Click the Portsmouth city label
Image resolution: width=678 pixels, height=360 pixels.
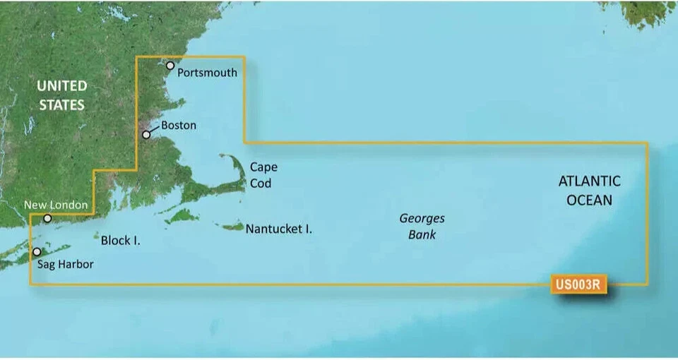click(207, 72)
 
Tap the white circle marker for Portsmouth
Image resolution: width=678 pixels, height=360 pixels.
click(169, 66)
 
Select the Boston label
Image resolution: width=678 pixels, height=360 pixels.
click(179, 126)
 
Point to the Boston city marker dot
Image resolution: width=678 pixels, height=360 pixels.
click(146, 134)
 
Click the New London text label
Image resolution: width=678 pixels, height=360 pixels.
click(56, 205)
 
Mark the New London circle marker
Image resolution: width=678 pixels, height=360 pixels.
click(47, 218)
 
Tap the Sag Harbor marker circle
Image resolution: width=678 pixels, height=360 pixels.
click(36, 251)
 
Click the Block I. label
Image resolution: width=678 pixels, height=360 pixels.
click(120, 241)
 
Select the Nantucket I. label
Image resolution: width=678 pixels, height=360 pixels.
click(279, 229)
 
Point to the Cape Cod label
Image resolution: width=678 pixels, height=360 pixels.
click(263, 175)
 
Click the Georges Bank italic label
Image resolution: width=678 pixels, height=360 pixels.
click(422, 227)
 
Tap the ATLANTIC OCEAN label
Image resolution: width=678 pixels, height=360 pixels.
click(590, 191)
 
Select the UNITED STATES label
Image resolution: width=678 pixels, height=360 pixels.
click(62, 95)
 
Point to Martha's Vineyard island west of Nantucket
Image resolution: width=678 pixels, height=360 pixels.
click(181, 214)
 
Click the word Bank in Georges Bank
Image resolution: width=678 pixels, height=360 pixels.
click(422, 234)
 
